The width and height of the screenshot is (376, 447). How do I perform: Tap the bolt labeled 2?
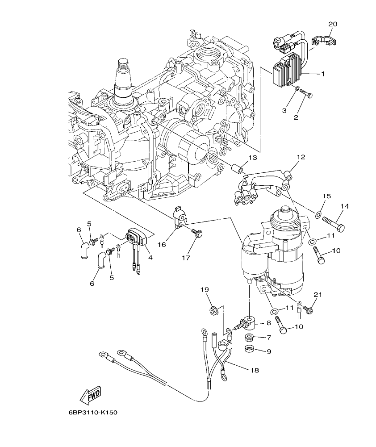(x=306, y=94)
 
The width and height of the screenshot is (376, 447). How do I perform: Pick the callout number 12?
(x=301, y=157)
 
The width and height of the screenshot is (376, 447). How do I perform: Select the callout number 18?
(x=255, y=370)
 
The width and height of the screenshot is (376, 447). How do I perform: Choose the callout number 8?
(x=269, y=322)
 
